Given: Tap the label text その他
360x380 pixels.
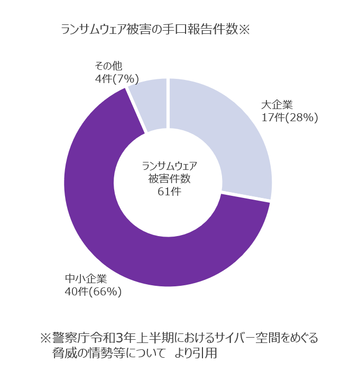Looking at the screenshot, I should pyautogui.click(x=108, y=66).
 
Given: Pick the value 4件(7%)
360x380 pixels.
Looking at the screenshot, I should pyautogui.click(x=116, y=79).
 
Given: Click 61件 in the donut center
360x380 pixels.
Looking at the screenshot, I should pyautogui.click(x=169, y=192).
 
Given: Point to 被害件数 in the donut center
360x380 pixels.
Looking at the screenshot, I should pyautogui.click(x=169, y=179).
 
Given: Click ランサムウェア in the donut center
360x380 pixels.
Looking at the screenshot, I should pyautogui.click(x=169, y=166).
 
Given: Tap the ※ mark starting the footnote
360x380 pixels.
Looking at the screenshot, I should pyautogui.click(x=45, y=338).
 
